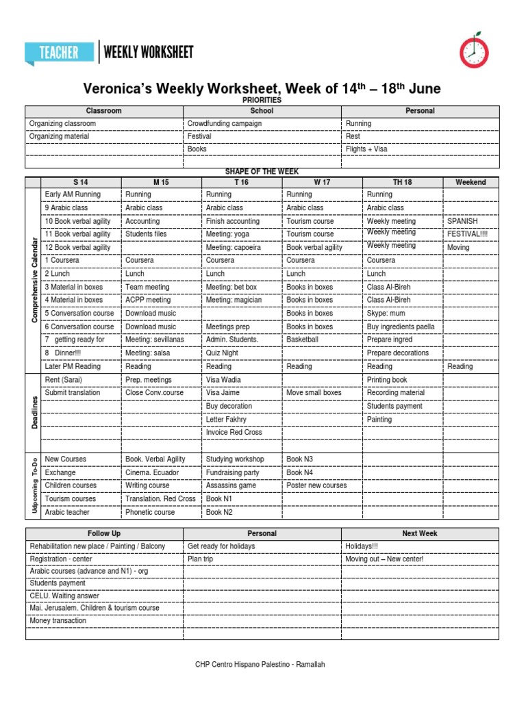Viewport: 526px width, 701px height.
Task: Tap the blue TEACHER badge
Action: coord(60,53)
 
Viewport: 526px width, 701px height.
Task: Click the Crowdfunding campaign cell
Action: coord(225,124)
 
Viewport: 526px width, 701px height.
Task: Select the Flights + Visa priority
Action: coord(366,149)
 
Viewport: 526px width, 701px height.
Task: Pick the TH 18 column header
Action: coord(402,182)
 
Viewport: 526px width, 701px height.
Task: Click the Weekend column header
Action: coord(471,182)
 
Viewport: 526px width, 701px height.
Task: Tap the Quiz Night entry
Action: coord(223,353)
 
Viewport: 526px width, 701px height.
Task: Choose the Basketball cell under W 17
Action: coord(302,340)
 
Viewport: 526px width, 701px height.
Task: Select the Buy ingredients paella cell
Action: coord(401,327)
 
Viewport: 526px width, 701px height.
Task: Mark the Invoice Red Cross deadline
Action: coord(234,433)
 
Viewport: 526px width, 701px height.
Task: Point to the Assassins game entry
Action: coord(231,485)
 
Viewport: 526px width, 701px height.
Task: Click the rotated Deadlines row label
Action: coord(34,407)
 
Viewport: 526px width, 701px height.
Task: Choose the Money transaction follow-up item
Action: coord(58,621)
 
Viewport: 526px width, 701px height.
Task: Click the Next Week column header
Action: coord(420,533)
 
